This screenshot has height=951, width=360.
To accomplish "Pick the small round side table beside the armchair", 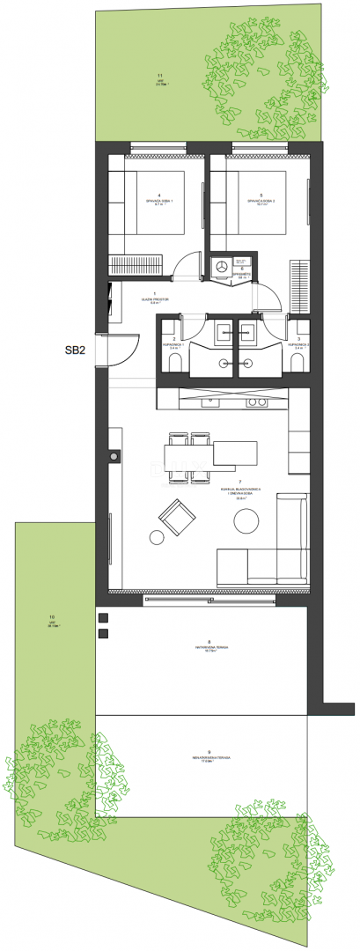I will [x=158, y=537].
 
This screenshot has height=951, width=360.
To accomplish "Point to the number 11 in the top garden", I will [x=159, y=76].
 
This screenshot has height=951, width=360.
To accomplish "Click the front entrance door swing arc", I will [x=126, y=350].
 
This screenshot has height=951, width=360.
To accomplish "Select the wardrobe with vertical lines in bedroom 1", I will [x=136, y=263].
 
